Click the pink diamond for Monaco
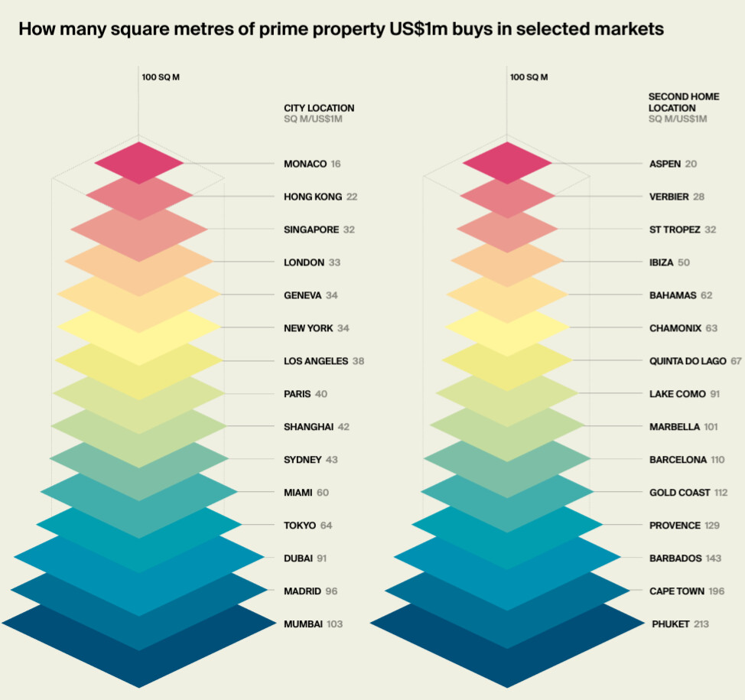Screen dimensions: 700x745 139,162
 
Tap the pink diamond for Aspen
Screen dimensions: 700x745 506,162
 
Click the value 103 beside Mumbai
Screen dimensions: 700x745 334,624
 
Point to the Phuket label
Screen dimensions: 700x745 670,624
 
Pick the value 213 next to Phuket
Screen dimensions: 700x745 701,624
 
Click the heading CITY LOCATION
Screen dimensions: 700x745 319,109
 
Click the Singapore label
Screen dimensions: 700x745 311,230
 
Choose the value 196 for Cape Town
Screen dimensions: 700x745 716,591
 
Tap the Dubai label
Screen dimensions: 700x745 298,558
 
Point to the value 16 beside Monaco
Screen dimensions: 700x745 336,164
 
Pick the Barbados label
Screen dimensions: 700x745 675,558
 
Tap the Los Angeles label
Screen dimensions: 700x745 315,361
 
